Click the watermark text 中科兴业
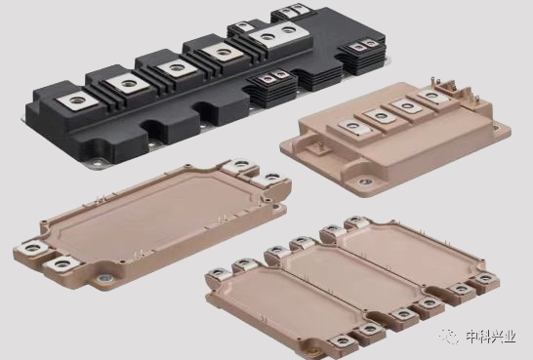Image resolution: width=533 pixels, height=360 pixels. tap(490, 337)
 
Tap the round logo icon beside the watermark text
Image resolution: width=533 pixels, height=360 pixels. tap(450, 337)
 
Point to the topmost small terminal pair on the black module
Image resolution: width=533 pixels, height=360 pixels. tap(291, 10)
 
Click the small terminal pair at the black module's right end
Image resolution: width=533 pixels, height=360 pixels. tap(363, 45)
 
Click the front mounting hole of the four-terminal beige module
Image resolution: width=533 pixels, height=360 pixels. tap(365, 181)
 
